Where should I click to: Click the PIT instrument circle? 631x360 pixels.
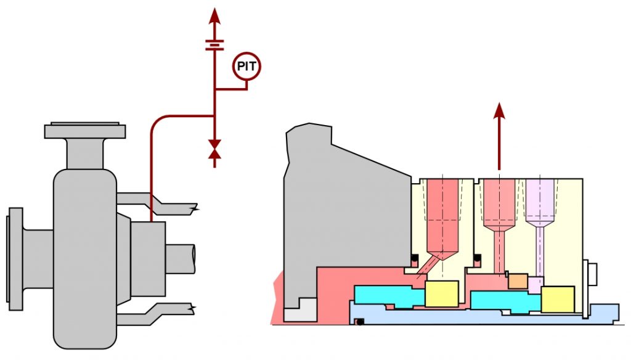tap(246, 66)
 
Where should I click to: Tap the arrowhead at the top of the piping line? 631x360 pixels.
tap(214, 15)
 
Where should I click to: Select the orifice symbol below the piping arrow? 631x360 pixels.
tap(214, 44)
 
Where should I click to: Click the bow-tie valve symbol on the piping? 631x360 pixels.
tap(214, 150)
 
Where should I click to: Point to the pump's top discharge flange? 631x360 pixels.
tap(85, 131)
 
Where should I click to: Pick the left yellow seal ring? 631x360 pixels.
tap(441, 293)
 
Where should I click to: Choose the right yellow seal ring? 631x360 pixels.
tap(557, 299)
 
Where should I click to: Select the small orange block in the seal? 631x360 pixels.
tap(518, 281)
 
